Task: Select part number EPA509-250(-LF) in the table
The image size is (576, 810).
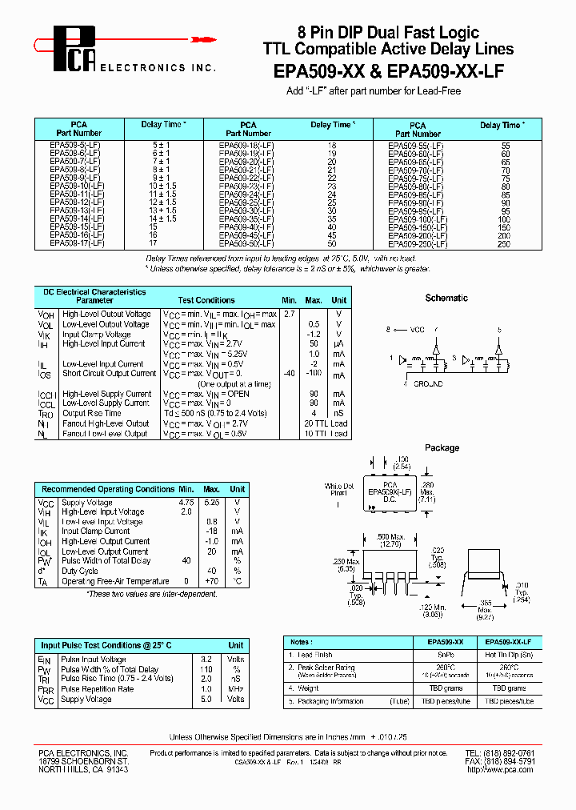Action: [415, 243]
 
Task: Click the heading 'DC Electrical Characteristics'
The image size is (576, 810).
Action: [94, 292]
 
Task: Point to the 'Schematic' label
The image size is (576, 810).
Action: [446, 298]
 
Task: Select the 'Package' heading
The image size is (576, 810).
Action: [442, 447]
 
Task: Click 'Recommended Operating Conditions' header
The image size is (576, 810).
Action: [107, 488]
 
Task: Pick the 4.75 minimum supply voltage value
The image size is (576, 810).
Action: [186, 503]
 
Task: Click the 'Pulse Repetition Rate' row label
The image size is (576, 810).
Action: [97, 689]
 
